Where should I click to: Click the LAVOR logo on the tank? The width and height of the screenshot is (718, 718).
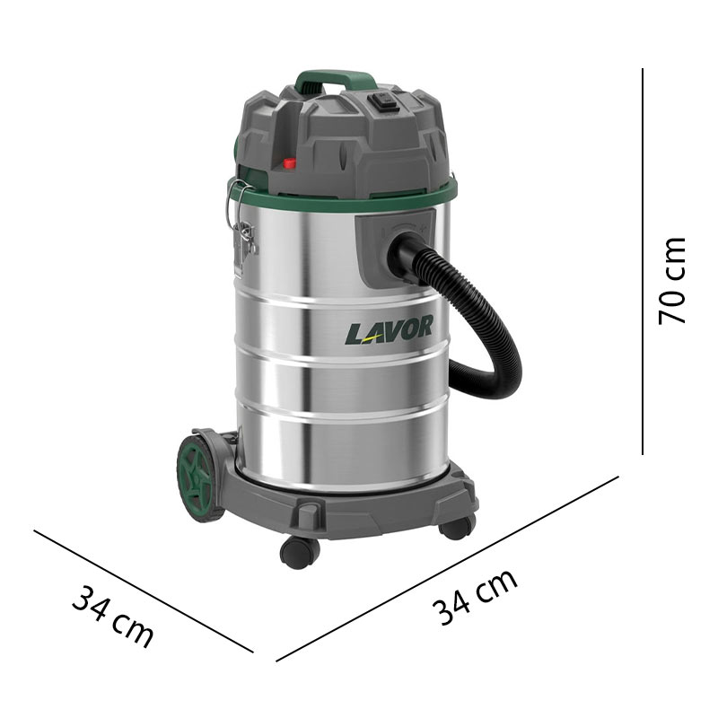click(389, 329)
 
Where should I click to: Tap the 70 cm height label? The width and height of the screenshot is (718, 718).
click(672, 281)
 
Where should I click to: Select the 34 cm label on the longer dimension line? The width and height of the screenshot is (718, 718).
click(475, 597)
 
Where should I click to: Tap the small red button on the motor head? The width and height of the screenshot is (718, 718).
click(290, 163)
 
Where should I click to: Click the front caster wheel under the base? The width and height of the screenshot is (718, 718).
click(299, 551)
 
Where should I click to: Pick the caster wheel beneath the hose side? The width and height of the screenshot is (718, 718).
click(456, 527)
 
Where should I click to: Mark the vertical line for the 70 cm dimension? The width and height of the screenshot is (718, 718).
click(644, 260)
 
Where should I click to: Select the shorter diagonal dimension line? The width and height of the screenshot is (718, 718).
click(144, 591)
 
